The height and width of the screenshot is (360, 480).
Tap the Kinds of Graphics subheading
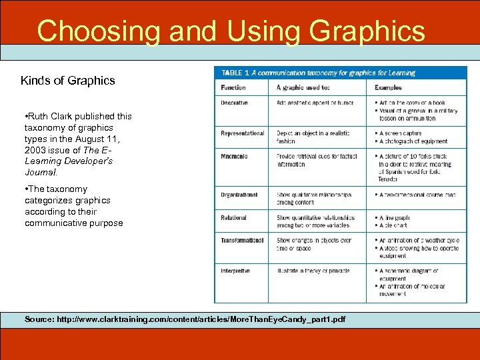67,81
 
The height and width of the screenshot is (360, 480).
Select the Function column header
233,87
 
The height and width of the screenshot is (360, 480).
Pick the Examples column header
388,87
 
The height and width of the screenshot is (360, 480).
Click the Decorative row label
235,103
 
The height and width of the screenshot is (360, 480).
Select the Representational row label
243,133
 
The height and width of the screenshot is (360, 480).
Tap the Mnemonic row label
235,156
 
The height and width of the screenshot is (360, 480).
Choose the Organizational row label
239,195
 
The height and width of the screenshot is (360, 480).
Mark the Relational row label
234,218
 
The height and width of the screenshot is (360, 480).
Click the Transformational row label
242,240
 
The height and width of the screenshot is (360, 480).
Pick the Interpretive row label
235,271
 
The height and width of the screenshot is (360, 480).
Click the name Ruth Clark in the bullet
51,116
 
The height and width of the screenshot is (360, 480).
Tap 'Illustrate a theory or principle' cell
313,271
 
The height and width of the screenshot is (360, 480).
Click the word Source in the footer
39,319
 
